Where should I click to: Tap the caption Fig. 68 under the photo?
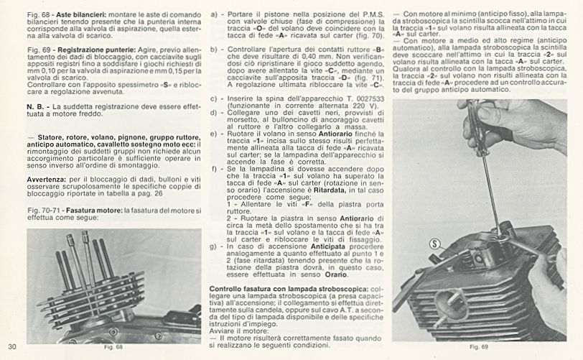click(114, 348)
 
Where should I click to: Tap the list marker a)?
click(213, 14)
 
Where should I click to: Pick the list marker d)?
click(213, 112)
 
